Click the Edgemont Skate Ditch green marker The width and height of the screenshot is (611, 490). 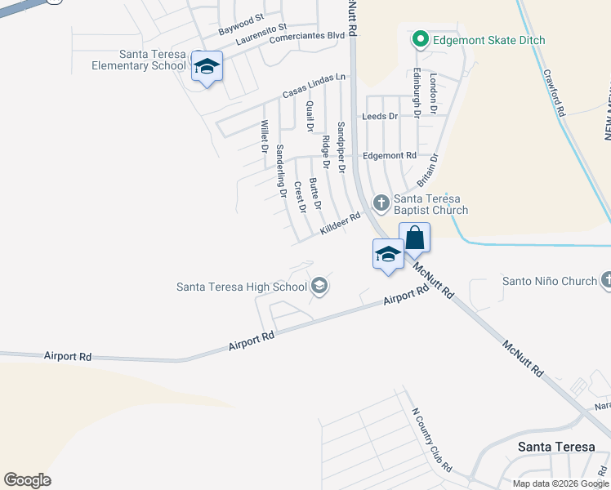pyautogui.click(x=421, y=38)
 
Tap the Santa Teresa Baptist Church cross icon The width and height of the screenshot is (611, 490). pyautogui.click(x=381, y=202)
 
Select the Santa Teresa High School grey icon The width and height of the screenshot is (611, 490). pyautogui.click(x=319, y=285)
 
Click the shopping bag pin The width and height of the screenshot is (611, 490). pyautogui.click(x=414, y=238)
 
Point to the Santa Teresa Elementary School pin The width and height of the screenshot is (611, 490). pyautogui.click(x=207, y=68)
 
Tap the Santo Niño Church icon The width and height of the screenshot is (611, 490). pyautogui.click(x=605, y=281)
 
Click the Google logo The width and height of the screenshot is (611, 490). pyautogui.click(x=27, y=479)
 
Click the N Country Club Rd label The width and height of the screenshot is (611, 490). pyautogui.click(x=432, y=442)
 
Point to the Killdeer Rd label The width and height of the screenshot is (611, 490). pyautogui.click(x=340, y=225)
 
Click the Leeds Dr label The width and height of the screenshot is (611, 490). pyautogui.click(x=380, y=117)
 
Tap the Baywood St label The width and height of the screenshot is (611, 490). pyautogui.click(x=241, y=24)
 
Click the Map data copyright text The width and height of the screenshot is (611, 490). pyautogui.click(x=560, y=483)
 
